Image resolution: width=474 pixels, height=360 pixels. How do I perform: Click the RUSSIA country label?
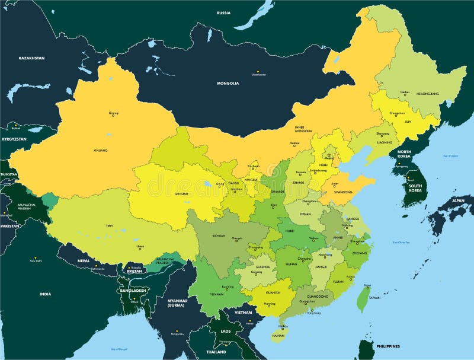point(223,12)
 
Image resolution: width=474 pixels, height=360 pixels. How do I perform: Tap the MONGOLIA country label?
point(228,83)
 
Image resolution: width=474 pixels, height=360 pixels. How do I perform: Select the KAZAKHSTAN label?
point(31,58)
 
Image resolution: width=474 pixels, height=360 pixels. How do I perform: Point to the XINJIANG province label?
point(100,151)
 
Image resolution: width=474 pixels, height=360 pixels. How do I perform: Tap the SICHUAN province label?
point(218,235)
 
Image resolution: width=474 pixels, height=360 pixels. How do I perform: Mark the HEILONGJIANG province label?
point(427,94)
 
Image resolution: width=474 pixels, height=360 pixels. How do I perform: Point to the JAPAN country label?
point(459,200)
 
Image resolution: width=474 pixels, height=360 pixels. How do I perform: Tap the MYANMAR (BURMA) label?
point(176,304)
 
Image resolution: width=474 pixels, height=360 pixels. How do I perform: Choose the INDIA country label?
point(45,294)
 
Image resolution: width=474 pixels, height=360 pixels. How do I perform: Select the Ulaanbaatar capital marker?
point(258,72)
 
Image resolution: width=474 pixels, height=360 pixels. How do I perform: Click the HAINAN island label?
point(278,335)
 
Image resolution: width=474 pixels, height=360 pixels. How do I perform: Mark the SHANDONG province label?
point(343,192)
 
